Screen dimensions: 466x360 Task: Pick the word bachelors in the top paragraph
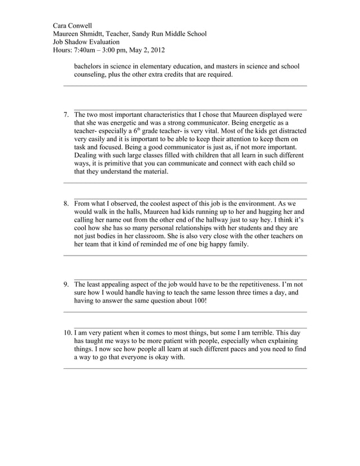tap(90, 67)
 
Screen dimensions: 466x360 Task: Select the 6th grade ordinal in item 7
tap(136, 130)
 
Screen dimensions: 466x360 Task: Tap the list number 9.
tap(66, 285)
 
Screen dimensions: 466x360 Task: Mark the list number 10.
tap(67, 333)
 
